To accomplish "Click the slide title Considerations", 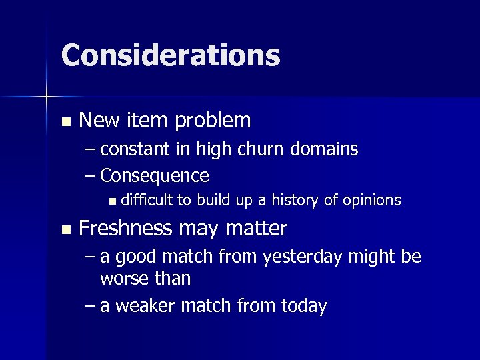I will pyautogui.click(x=170, y=55).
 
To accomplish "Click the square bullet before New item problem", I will pyautogui.click(x=65, y=122).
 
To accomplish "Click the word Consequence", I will pyautogui.click(x=155, y=176).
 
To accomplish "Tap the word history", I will pyautogui.click(x=312, y=200).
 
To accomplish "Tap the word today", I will pyautogui.click(x=303, y=306).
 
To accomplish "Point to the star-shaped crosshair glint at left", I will pyautogui.click(x=46, y=97).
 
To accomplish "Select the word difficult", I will pyautogui.click(x=147, y=200).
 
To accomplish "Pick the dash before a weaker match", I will pyautogui.click(x=91, y=306).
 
